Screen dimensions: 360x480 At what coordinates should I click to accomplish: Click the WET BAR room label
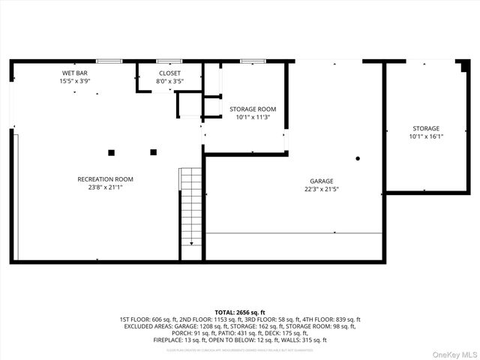point(75,73)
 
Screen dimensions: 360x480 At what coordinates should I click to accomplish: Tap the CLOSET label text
point(169,73)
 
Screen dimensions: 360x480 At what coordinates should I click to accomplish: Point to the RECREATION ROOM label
point(105,178)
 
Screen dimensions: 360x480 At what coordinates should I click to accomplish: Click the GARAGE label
point(321,181)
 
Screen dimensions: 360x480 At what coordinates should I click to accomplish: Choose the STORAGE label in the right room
point(425,128)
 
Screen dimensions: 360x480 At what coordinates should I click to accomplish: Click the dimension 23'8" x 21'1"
point(105,187)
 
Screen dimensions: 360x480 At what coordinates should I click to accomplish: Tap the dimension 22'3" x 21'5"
point(321,189)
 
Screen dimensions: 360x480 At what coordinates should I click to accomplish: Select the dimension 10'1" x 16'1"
point(425,136)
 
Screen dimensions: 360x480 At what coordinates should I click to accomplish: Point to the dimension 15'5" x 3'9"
point(75,81)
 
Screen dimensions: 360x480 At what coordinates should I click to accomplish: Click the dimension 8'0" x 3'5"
point(169,81)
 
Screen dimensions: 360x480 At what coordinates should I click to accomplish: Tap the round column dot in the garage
point(358,158)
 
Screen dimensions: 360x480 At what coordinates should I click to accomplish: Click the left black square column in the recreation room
point(111,152)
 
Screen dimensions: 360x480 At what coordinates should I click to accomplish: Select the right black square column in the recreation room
point(153,152)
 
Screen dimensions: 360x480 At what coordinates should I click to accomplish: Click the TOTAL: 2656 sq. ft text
point(240,311)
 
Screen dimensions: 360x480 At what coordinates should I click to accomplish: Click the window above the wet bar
point(110,61)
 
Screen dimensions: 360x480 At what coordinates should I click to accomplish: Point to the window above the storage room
point(253,61)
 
